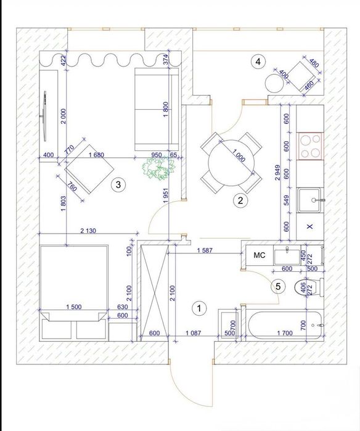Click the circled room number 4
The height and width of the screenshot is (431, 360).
pyautogui.click(x=258, y=62)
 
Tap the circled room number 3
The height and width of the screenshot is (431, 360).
pyautogui.click(x=118, y=185)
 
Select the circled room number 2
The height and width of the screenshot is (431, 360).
pyautogui.click(x=240, y=200)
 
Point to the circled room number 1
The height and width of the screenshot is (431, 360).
pyautogui.click(x=199, y=308)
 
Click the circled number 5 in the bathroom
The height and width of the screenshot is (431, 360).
pyautogui.click(x=278, y=287)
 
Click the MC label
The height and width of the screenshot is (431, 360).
pyautogui.click(x=259, y=255)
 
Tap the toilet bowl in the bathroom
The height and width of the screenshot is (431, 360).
pyautogui.click(x=306, y=287)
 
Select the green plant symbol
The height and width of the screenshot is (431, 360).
pyautogui.click(x=159, y=168)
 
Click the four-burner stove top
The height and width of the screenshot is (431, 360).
pyautogui.click(x=310, y=146)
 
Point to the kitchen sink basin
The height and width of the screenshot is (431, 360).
pyautogui.click(x=309, y=200)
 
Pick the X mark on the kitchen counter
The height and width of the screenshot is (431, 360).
pyautogui.click(x=309, y=226)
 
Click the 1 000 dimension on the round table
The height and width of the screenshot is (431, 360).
pyautogui.click(x=239, y=155)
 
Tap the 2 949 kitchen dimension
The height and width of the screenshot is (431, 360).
pyautogui.click(x=277, y=173)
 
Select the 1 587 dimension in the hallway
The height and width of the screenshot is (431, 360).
pyautogui.click(x=205, y=250)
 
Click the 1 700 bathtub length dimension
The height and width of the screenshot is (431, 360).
pyautogui.click(x=285, y=333)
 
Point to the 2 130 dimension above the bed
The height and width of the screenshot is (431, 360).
pyautogui.click(x=88, y=231)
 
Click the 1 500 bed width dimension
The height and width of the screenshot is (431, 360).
pyautogui.click(x=73, y=307)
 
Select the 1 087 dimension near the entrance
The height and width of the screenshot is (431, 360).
pyautogui.click(x=194, y=333)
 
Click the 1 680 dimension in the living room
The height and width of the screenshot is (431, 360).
pyautogui.click(x=96, y=155)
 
